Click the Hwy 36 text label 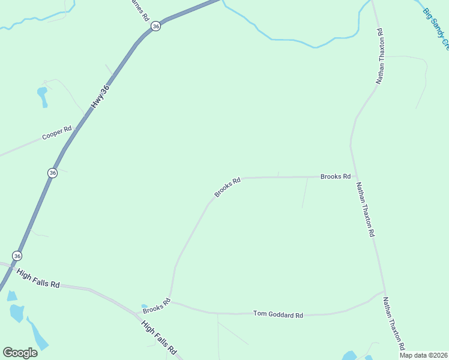click(101, 96)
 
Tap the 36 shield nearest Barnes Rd click(155, 26)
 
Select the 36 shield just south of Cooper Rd click(53, 173)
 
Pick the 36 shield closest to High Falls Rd click(17, 256)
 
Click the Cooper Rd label click(57, 133)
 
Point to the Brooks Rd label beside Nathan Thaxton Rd click(335, 176)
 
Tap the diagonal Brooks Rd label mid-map click(228, 187)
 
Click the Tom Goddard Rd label click(278, 314)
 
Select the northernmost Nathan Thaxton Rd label click(379, 55)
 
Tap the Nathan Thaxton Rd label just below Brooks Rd click(365, 209)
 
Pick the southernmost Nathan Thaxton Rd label click(394, 324)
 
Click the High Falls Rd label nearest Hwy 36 click(38, 277)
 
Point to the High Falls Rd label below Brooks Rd click(159, 336)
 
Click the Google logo click(20, 353)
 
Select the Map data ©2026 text click(423, 355)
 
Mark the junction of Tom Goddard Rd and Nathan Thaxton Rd click(383, 293)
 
